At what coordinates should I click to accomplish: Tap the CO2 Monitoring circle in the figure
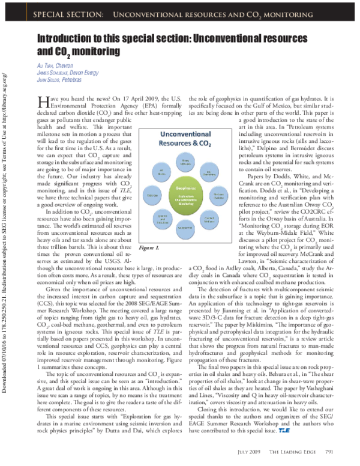210,173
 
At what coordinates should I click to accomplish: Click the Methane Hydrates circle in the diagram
218,195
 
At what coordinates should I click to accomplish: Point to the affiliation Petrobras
68,79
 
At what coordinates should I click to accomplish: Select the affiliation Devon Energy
79,73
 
